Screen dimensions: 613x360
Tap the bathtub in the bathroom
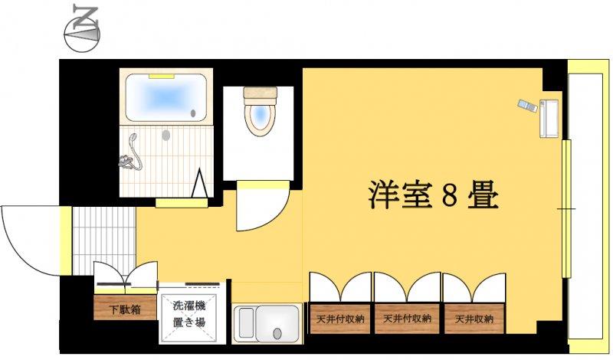click(166, 97)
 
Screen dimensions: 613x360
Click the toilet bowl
click(260, 116)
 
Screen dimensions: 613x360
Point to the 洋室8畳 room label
click(434, 195)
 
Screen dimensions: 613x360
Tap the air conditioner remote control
click(527, 106)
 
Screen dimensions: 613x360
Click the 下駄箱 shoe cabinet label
click(125, 310)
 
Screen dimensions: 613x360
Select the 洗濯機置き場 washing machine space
click(189, 314)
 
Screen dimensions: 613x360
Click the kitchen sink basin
click(277, 323)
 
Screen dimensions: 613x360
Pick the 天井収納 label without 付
click(474, 319)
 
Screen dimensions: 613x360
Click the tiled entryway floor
click(104, 241)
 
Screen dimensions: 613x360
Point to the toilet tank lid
click(261, 93)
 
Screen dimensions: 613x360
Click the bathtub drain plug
click(193, 113)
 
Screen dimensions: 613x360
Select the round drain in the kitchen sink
click(277, 333)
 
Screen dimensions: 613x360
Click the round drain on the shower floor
click(166, 136)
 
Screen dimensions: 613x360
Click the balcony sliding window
click(566, 208)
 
